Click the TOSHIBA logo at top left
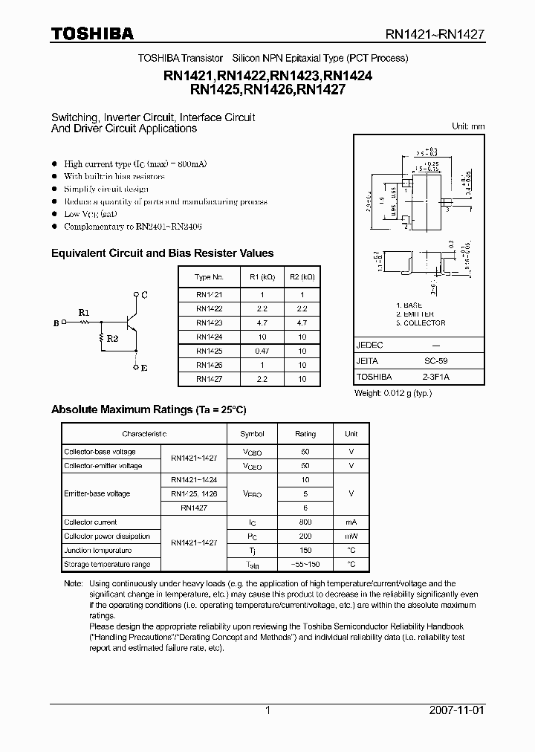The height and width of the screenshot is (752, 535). [92, 33]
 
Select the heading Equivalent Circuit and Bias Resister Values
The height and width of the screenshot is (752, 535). [162, 253]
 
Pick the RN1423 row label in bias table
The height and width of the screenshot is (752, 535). [209, 322]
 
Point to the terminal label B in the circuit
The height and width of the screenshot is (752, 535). [56, 323]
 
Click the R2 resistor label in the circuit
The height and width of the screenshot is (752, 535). [111, 339]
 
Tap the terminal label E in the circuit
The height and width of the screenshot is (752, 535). [144, 367]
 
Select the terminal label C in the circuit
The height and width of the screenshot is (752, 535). [144, 295]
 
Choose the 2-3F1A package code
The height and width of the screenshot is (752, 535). [426, 377]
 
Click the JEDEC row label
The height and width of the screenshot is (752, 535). [370, 346]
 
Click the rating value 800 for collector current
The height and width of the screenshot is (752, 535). [305, 522]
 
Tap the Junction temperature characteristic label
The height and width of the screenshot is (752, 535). [98, 551]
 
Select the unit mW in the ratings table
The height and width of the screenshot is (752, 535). [351, 537]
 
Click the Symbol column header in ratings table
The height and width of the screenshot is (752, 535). [252, 434]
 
